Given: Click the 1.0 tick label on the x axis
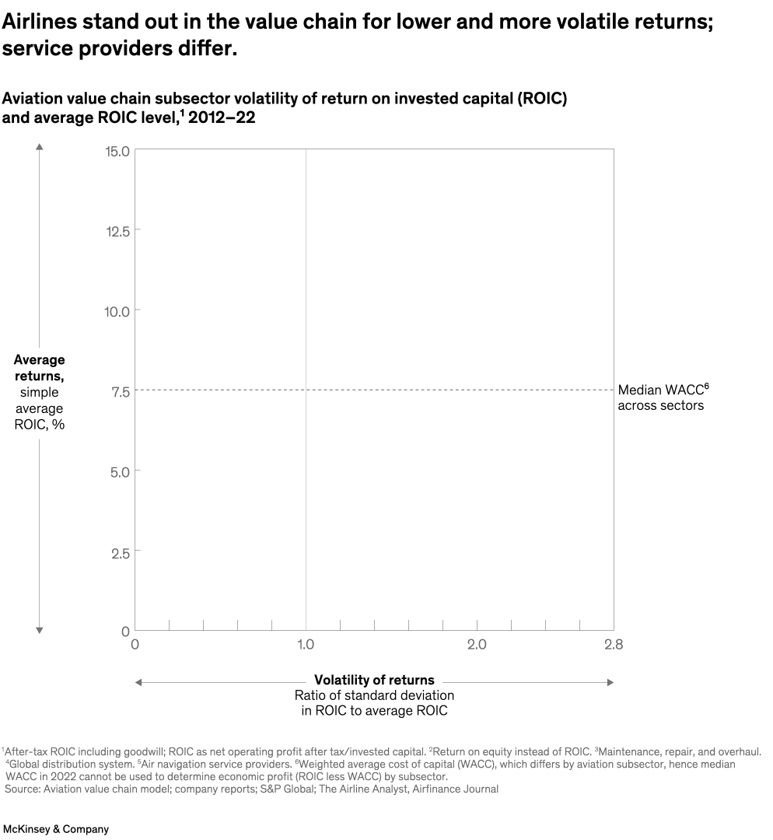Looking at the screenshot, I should point(306,644).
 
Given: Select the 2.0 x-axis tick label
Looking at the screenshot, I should point(477,644).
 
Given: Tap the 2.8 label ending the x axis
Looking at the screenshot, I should point(614,644).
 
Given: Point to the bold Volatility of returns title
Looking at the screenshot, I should point(374,680).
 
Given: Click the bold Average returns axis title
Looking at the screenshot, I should point(40,368).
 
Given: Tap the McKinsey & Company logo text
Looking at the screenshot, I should point(56,829).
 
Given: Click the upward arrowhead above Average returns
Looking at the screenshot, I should point(40,145).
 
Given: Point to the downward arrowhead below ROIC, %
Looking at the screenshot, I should point(40,630).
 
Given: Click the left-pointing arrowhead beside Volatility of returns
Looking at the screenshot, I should point(138,682).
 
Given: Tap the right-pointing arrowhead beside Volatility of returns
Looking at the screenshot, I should point(610,682).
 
